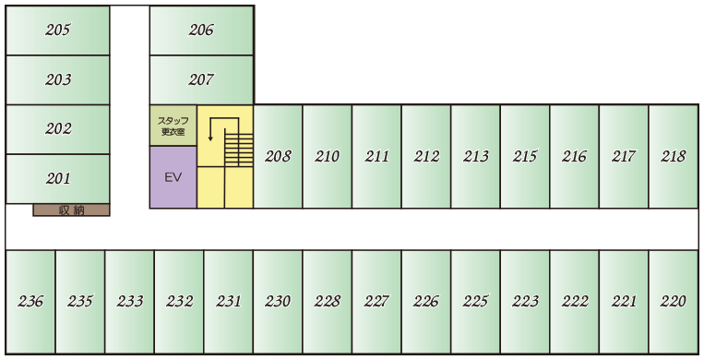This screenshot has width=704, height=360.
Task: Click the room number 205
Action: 58,30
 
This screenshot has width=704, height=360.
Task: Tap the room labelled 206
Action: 201,30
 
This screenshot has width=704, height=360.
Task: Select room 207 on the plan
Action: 201,79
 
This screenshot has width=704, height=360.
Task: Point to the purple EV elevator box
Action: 173,177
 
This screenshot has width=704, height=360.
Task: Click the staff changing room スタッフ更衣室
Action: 173,126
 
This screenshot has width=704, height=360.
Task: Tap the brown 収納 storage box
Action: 71,210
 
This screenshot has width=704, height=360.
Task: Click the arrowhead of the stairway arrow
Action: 210,138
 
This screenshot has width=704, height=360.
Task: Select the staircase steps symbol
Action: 238,147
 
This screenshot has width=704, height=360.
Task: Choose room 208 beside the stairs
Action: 278,156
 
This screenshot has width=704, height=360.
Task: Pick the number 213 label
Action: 475,156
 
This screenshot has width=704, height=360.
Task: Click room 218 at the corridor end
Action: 674,156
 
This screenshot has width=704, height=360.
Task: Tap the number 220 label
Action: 674,301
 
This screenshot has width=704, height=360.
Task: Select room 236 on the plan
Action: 30,301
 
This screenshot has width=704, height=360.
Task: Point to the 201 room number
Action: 58,178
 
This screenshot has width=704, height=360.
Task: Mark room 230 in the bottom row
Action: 278,301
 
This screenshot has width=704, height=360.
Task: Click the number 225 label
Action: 475,301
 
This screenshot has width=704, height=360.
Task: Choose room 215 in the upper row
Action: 525,156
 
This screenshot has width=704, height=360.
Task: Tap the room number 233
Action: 130,301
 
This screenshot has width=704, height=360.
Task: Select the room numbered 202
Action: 58,129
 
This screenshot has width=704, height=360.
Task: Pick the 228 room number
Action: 328,301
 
